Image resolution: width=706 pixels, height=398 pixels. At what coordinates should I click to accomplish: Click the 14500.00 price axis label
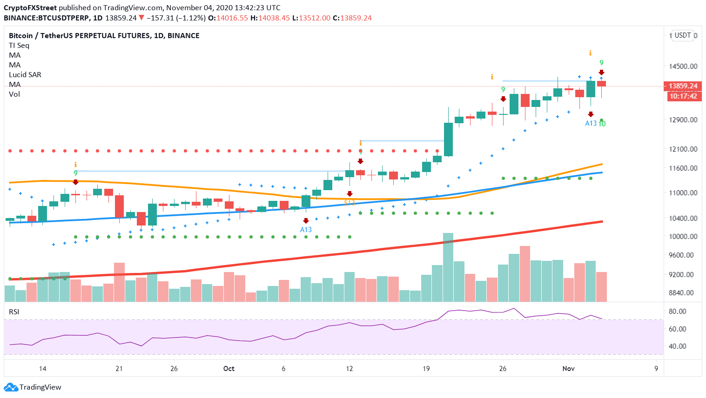[683, 66]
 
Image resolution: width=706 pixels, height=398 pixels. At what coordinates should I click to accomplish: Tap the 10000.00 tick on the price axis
[683, 236]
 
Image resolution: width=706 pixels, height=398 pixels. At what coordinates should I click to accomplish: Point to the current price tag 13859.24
[683, 86]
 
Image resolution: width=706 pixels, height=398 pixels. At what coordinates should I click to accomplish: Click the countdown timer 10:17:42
[683, 96]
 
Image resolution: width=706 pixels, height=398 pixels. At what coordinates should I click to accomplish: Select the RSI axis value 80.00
[677, 311]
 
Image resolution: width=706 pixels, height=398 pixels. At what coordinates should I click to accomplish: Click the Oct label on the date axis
[229, 369]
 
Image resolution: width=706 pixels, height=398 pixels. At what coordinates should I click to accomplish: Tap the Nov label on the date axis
[568, 369]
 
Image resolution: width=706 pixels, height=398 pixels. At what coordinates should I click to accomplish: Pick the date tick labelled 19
[426, 369]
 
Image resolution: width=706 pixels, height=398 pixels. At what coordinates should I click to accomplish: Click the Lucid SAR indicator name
[25, 74]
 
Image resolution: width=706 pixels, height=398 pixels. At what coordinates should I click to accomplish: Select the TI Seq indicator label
[19, 45]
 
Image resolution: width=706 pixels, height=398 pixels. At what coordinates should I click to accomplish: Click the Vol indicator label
[14, 94]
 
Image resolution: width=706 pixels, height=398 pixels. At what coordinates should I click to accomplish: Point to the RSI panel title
[14, 312]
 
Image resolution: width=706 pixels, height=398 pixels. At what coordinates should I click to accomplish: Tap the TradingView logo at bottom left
[33, 387]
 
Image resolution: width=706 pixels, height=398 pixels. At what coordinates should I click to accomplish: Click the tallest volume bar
[448, 267]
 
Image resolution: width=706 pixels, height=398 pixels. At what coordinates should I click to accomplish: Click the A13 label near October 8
[306, 230]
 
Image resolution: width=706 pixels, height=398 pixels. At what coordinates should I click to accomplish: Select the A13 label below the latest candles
[590, 123]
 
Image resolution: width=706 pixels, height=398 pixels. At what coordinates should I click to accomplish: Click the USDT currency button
[682, 35]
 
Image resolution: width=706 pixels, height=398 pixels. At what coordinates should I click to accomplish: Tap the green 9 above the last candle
[601, 63]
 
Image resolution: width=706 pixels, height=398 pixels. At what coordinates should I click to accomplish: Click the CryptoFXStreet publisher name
[30, 7]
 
